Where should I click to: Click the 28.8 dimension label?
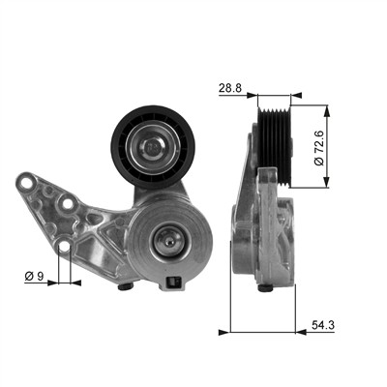coord(230,88)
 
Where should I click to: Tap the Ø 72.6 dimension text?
coord(319,148)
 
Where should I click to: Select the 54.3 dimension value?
coord(323,325)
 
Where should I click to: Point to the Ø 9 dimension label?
coord(34,276)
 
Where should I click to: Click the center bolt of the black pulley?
coord(152,147)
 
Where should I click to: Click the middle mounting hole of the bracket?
coord(67,204)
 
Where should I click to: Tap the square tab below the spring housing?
coord(173,283)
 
